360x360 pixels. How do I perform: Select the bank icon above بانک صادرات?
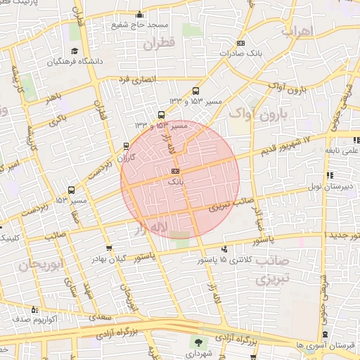point(242,43)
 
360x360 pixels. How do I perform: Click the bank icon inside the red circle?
point(175,171)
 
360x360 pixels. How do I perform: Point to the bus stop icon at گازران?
point(126,146)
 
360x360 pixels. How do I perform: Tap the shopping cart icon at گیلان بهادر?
point(108,248)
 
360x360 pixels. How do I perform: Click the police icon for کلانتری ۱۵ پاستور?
point(224,249)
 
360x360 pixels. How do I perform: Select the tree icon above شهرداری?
point(200,343)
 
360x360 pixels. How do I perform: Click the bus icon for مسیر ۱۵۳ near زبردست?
point(70,190)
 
